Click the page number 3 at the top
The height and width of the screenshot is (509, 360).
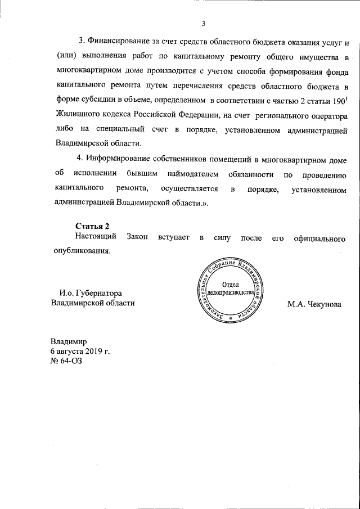204,23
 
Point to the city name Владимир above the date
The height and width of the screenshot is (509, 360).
69,341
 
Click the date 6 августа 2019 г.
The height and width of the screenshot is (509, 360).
80,351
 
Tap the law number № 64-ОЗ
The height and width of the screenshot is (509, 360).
66,361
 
